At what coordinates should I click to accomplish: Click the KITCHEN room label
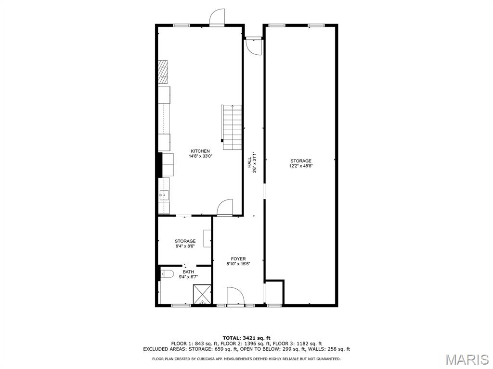200,151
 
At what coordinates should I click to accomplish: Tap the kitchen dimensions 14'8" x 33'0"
200,156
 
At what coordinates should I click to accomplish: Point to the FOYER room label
238,258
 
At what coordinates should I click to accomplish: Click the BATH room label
185,271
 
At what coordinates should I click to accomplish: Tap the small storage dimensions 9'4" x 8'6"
185,246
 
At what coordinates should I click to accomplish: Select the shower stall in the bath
202,295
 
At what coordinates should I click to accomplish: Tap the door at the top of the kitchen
217,17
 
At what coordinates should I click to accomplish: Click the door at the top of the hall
253,46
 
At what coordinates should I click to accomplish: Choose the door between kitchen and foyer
225,208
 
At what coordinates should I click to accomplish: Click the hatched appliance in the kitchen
164,71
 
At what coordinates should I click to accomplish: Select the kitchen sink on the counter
164,195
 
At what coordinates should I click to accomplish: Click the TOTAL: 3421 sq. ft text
246,338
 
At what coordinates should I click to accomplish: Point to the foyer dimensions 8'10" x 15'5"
238,264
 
